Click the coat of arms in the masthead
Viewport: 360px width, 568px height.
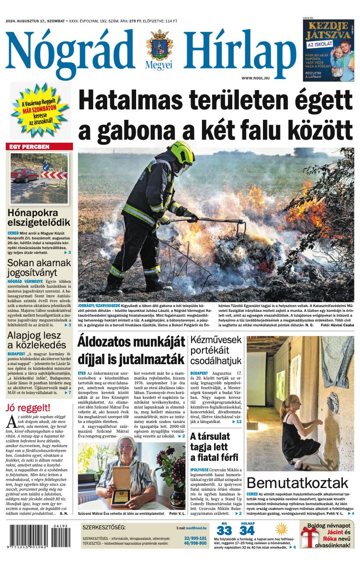159,46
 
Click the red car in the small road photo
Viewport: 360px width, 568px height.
25,175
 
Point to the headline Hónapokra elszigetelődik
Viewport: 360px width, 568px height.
39,217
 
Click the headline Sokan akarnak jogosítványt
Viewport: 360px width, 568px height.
39,268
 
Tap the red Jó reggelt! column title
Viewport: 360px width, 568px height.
28,408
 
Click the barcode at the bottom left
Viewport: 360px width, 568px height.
39,536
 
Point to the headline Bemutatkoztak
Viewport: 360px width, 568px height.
297,483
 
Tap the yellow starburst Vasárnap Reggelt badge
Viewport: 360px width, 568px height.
40,111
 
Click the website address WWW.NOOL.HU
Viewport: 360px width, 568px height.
255,78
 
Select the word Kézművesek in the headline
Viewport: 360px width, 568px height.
216,340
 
